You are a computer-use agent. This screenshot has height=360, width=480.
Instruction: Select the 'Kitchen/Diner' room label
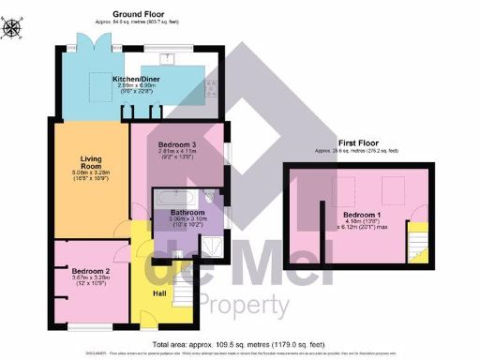point(137,80)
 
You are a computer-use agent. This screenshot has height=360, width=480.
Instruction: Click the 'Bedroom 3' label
point(177,141)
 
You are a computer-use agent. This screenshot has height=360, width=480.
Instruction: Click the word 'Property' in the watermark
point(246,305)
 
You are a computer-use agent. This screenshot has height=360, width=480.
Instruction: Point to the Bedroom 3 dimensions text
point(177,153)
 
